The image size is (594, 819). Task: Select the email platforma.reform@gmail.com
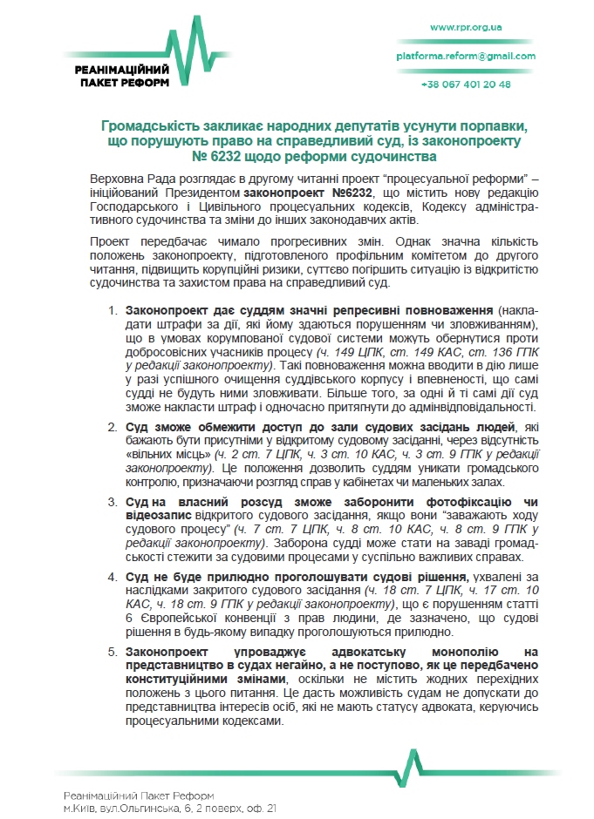pos(466,56)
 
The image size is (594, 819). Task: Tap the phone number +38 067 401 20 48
pos(466,85)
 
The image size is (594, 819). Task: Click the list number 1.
pos(113,310)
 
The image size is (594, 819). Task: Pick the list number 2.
pos(113,426)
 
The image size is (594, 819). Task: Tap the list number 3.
pos(113,503)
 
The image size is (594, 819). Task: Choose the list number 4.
pos(113,578)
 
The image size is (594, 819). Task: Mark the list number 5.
pos(113,651)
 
